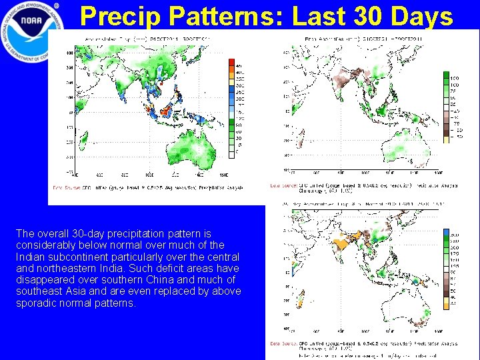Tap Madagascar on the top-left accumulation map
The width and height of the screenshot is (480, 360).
[84, 141]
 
